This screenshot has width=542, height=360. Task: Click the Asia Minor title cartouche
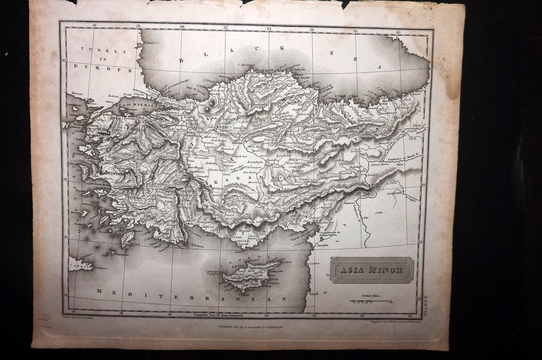372,270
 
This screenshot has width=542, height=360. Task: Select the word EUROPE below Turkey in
114,70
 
